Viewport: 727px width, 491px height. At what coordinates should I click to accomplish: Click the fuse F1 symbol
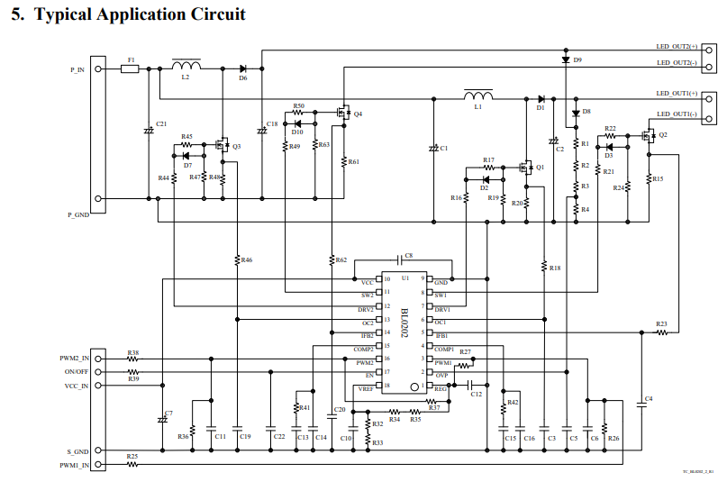tap(130, 68)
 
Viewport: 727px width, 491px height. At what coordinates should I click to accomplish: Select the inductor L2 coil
tap(186, 66)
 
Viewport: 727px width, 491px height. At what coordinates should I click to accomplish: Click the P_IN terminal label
tap(77, 68)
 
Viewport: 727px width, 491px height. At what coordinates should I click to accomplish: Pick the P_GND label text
tap(79, 214)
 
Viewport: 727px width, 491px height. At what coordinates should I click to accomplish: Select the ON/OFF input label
tap(77, 371)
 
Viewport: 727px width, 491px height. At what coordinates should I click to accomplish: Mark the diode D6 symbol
tap(242, 68)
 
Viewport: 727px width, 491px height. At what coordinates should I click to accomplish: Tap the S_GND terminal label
tap(77, 450)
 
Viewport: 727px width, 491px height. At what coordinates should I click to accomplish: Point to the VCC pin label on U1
tap(367, 282)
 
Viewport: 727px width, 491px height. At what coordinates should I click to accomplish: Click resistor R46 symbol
tap(237, 260)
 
